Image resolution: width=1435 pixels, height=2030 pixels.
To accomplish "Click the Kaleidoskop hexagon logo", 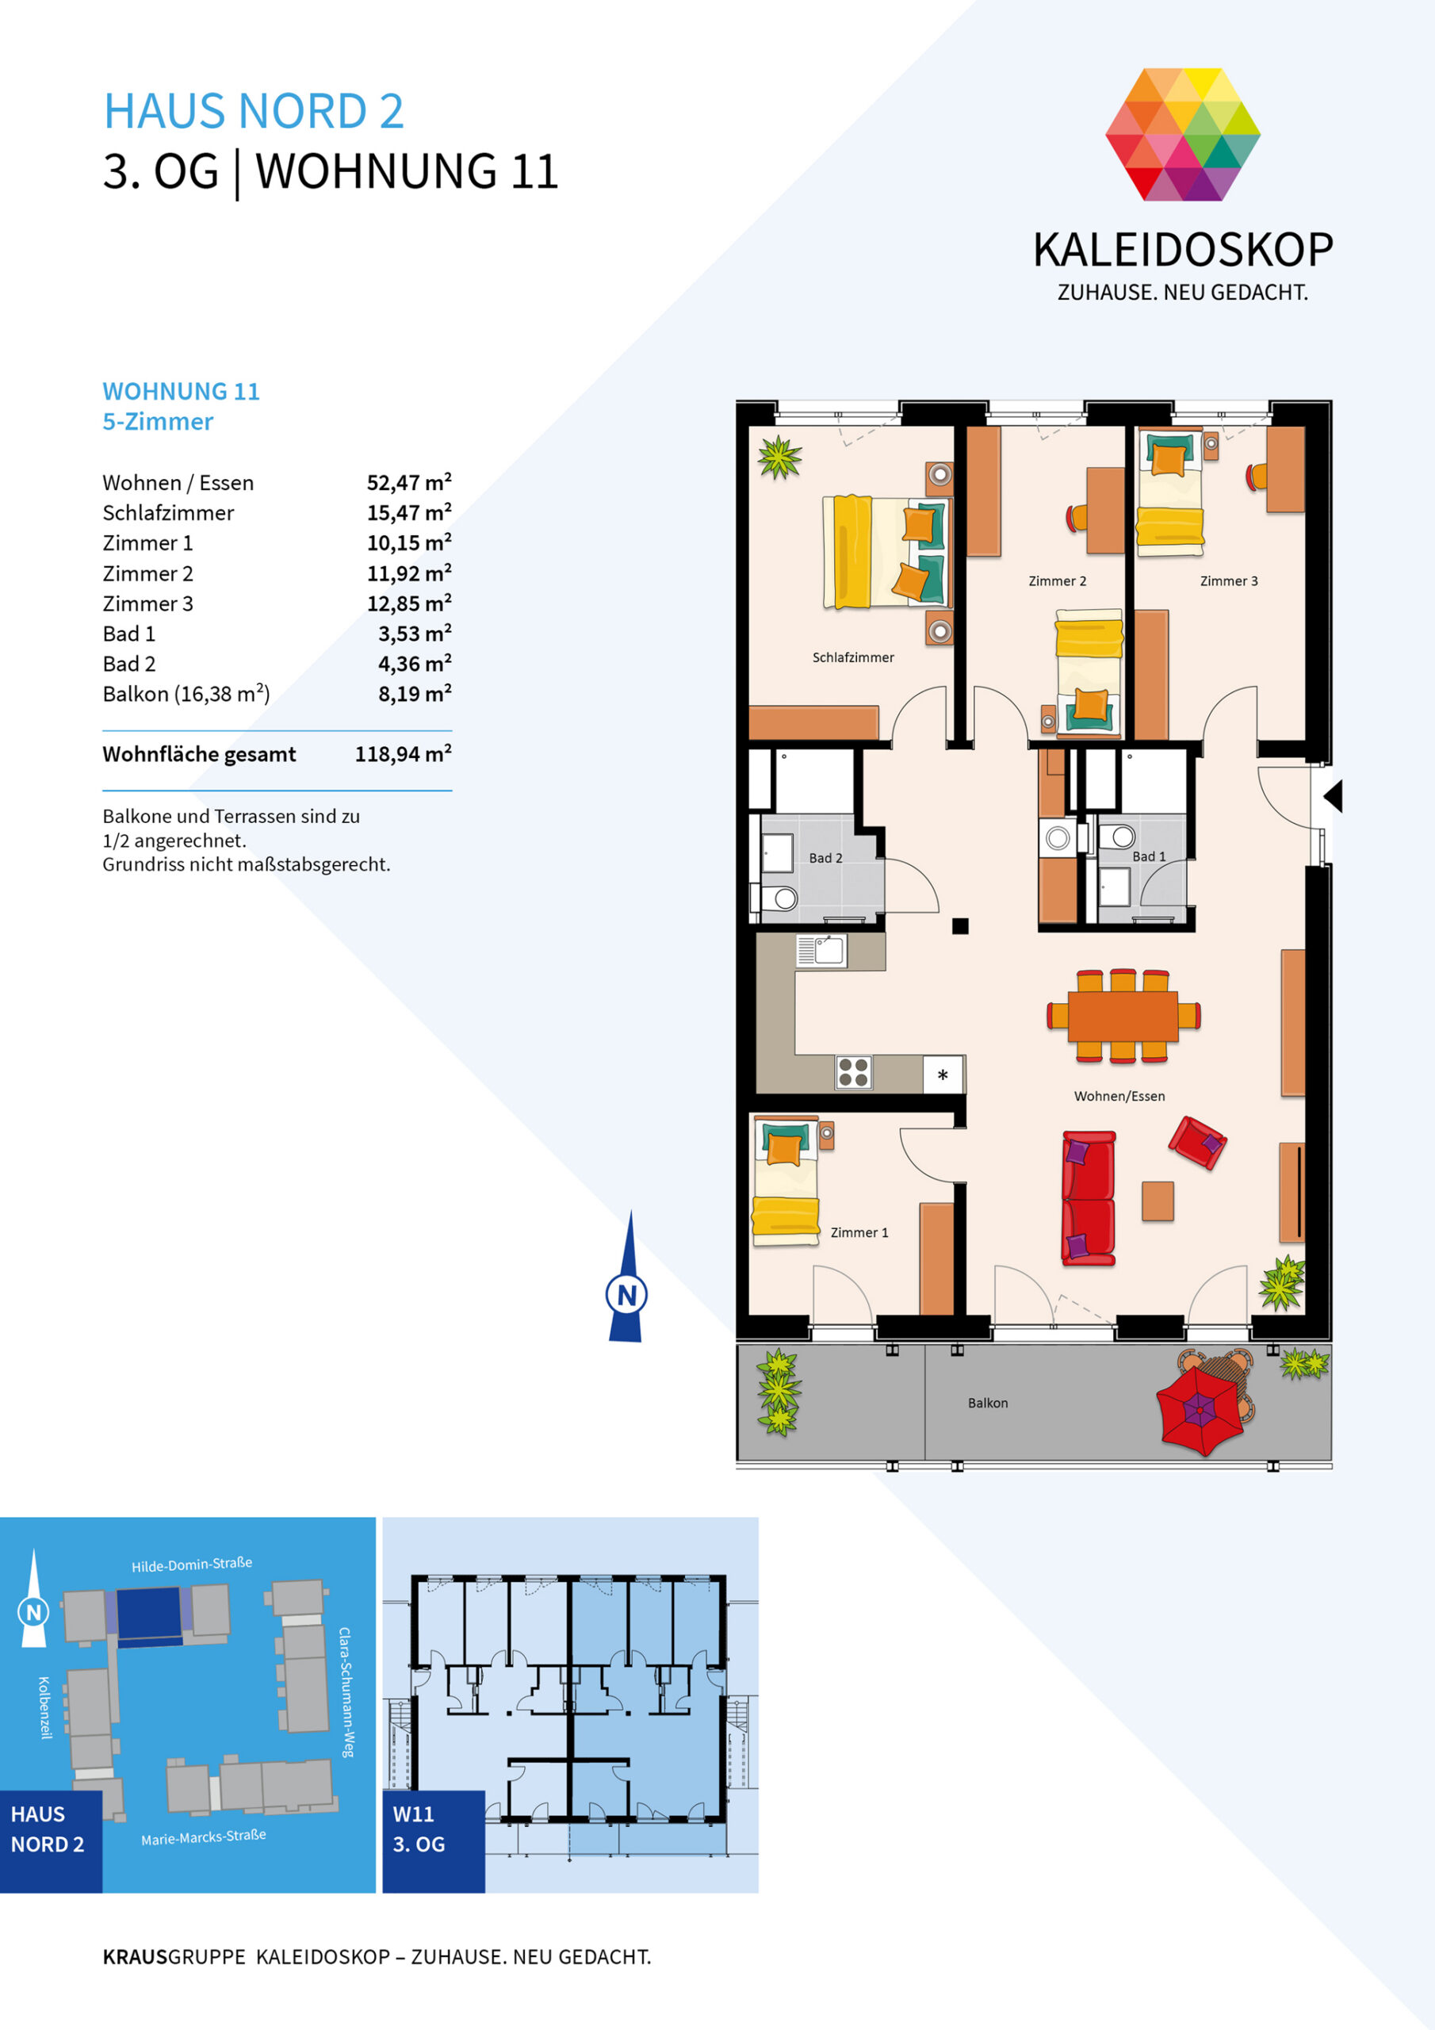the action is point(1182,134).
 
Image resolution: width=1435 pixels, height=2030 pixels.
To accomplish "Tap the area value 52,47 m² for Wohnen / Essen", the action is point(408,482).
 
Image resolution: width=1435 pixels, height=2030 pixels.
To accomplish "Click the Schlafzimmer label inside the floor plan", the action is point(853,657).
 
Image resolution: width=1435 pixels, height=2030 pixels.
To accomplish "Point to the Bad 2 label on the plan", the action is point(825,858).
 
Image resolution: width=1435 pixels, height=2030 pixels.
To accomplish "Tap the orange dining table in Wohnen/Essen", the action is point(1123,1016).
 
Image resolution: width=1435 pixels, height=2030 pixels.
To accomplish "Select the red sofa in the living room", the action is point(1089,1198).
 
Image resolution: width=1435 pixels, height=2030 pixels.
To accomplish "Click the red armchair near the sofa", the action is point(1197,1143).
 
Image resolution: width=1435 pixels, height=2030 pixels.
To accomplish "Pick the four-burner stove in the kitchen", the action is point(853,1072).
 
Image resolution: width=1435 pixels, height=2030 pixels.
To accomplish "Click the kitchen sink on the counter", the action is point(821,952).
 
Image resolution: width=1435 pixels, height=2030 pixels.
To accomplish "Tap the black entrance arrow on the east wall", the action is point(1334,795).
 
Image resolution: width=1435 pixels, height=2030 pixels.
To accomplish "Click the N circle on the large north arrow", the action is point(627,1294).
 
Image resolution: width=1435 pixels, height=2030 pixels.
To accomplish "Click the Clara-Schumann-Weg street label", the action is point(346,1691).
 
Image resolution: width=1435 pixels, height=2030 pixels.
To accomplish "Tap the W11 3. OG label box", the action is point(433,1842).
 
